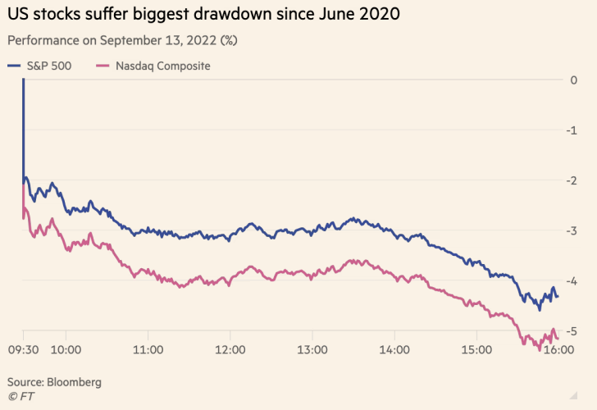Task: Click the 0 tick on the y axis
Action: [573, 80]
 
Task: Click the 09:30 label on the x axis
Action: [23, 350]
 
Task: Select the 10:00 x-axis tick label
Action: [65, 350]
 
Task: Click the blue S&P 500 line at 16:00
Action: [558, 296]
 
